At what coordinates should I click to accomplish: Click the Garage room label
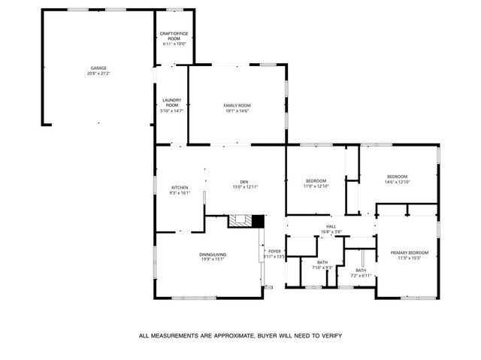pos(98,68)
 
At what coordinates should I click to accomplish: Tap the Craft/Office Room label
pos(174,36)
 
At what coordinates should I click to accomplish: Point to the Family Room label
pos(236,105)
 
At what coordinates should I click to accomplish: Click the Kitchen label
pos(179,187)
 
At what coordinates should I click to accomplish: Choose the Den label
pos(244,181)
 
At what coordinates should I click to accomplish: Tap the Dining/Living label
pos(213,255)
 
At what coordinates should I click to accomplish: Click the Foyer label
pos(274,251)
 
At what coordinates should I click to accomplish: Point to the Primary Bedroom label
pos(409,253)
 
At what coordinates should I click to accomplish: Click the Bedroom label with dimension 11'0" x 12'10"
pos(316,180)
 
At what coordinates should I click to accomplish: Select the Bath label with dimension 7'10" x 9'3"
pos(322,262)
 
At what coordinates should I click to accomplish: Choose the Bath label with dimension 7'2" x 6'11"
pos(361,270)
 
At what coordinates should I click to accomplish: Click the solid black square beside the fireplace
pos(258,221)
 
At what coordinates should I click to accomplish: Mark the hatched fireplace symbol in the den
pos(240,221)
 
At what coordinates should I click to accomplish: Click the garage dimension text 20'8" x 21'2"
pos(98,74)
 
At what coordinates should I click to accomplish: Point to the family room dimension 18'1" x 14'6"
pos(236,111)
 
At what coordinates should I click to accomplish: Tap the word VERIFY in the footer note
pos(331,336)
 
